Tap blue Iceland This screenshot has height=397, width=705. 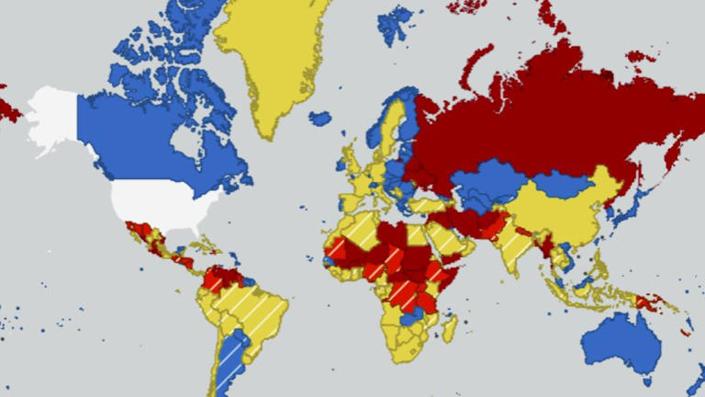coord(319,118)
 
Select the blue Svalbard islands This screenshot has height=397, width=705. coord(395,23)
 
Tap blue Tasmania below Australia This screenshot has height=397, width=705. coord(648,378)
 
